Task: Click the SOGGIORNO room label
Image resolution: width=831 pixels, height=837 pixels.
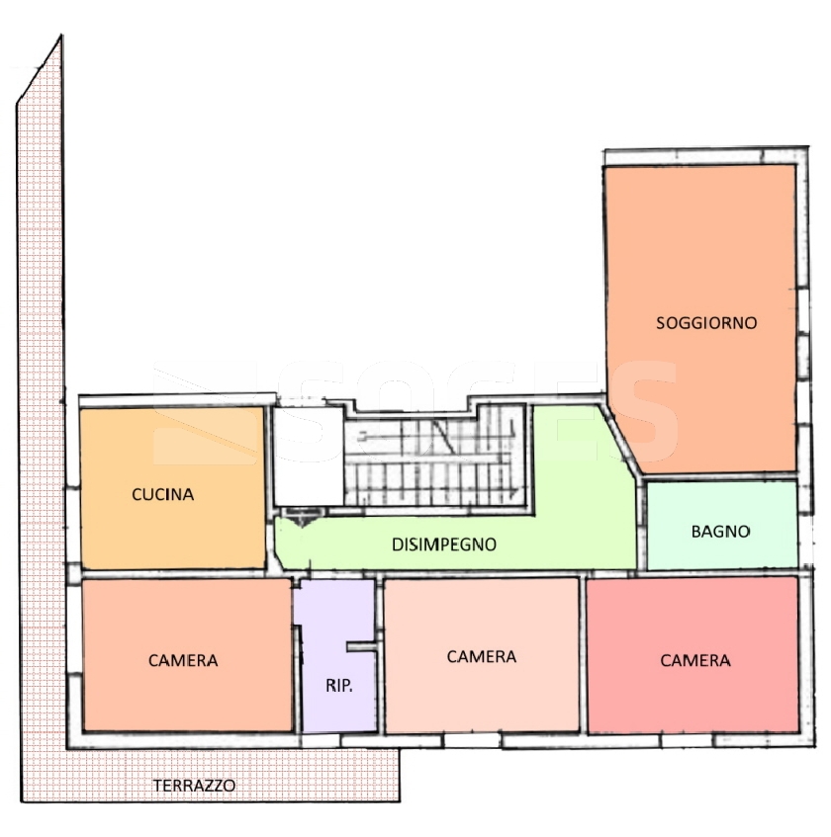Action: pos(706,323)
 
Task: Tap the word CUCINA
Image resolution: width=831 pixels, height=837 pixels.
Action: pos(162,494)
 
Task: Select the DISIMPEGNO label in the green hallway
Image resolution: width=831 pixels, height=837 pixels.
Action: pos(444,544)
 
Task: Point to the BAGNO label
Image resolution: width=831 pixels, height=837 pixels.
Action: pos(720,532)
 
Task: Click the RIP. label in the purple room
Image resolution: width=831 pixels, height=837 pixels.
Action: pos(338,686)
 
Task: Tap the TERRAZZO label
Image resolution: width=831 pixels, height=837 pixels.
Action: pos(194,786)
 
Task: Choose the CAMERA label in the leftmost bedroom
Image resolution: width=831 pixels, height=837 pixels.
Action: pos(183,661)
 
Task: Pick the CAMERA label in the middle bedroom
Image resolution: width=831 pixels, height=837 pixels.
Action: pos(482,656)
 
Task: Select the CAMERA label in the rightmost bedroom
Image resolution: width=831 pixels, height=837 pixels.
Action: pos(695,661)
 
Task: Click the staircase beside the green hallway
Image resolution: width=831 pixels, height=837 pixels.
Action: pos(434,457)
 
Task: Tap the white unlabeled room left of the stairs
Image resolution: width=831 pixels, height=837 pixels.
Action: pos(309,457)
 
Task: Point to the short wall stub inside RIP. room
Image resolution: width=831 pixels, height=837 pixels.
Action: pos(362,647)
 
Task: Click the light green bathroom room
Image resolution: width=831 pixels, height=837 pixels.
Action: pos(722,526)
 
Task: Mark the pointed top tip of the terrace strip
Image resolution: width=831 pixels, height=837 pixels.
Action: pos(61,36)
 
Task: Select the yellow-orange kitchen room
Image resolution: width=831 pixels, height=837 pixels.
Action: pos(172,488)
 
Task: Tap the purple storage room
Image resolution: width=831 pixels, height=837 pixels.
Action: pos(335,655)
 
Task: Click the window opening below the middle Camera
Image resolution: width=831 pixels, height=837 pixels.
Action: pos(472,740)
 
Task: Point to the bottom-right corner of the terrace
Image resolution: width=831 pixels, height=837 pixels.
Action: pos(400,800)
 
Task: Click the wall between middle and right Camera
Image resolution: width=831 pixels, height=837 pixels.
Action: pos(583,655)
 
